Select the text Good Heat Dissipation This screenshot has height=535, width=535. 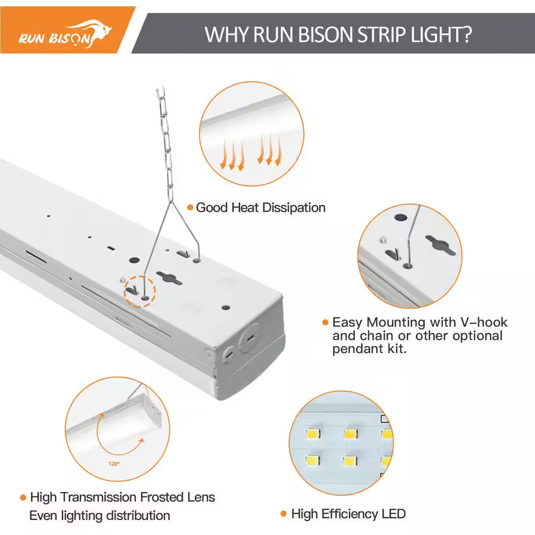click(x=261, y=208)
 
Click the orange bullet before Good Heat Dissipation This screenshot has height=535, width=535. click(x=190, y=208)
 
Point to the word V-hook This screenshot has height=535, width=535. click(x=484, y=323)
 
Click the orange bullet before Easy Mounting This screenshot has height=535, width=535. click(x=325, y=323)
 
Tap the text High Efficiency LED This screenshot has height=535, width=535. click(x=348, y=514)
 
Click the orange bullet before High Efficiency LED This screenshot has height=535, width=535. click(x=284, y=514)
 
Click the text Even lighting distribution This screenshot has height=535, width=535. click(x=100, y=516)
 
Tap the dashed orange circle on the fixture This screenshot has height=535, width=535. click(x=140, y=291)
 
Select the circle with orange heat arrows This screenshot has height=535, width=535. click(x=251, y=134)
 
